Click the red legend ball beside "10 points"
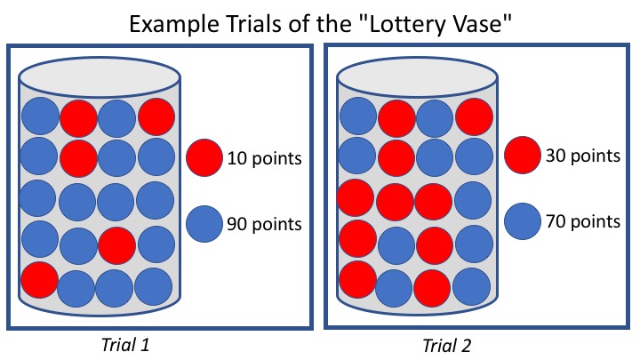click(204, 158)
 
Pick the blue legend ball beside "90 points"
click(204, 222)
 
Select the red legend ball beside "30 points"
click(521, 156)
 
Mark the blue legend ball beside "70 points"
click(521, 220)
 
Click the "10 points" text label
click(265, 159)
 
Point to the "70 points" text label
click(582, 220)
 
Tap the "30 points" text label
click(582, 156)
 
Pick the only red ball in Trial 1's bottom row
click(38, 278)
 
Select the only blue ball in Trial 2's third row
click(471, 199)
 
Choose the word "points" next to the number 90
click(277, 223)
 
